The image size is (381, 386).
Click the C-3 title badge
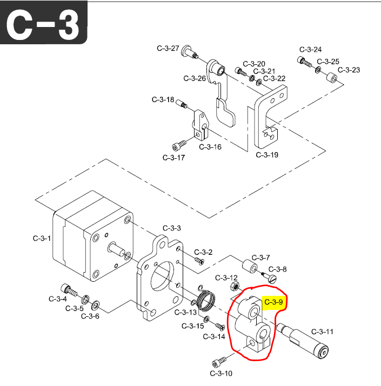pyautogui.click(x=44, y=24)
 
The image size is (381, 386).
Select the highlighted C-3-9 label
pyautogui.click(x=274, y=302)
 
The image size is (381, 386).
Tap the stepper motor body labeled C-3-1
pyautogui.click(x=89, y=238)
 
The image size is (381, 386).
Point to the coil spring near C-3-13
pyautogui.click(x=205, y=299)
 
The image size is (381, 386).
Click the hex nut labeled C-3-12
pyautogui.click(x=235, y=285)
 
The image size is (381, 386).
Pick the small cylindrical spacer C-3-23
pyautogui.click(x=331, y=82)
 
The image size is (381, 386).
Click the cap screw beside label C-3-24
pyautogui.click(x=304, y=62)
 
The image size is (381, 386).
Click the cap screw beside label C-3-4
pyautogui.click(x=66, y=288)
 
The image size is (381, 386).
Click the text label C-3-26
pyautogui.click(x=195, y=78)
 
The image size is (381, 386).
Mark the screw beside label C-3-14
pyautogui.click(x=219, y=326)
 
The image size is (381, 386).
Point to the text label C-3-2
pyautogui.click(x=203, y=252)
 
